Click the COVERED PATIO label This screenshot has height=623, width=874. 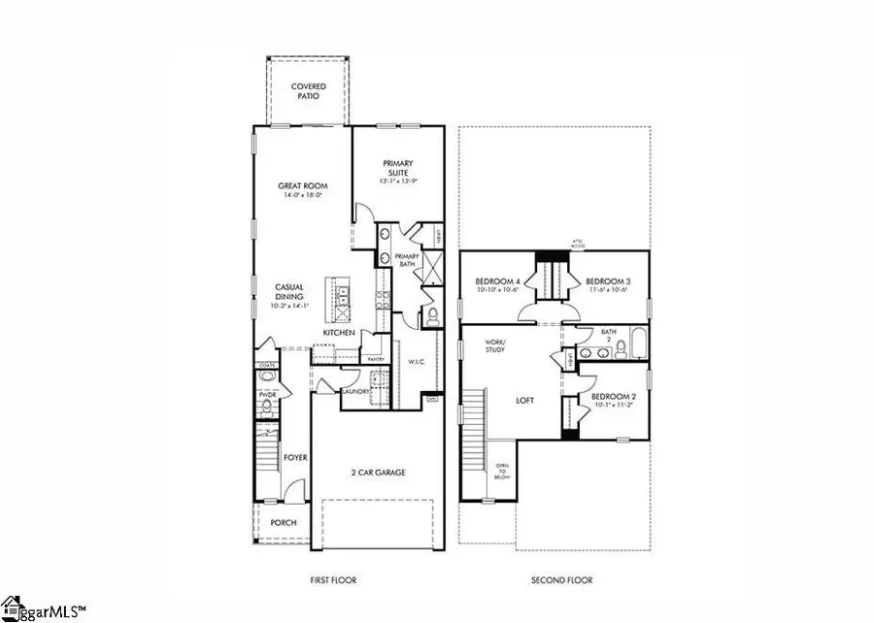click(x=309, y=92)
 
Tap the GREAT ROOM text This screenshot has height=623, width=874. click(x=302, y=186)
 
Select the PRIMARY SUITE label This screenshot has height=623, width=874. click(x=398, y=169)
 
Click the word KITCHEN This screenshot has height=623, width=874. click(x=339, y=333)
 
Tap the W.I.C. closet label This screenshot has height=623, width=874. click(x=418, y=361)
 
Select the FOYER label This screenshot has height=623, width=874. click(x=294, y=456)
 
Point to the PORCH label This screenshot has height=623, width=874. click(x=284, y=522)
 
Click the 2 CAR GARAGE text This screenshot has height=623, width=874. click(x=378, y=473)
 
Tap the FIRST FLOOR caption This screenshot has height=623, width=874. click(x=332, y=580)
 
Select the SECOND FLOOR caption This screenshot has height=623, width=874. click(x=561, y=580)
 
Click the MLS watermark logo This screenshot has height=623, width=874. click(x=44, y=609)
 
